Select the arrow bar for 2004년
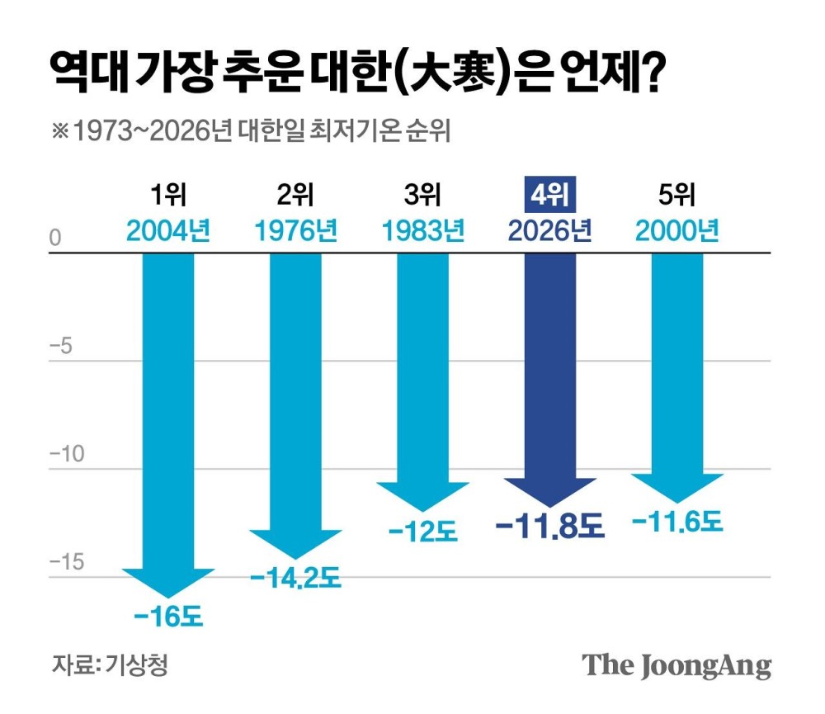coord(169,413)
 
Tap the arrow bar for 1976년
coord(296,396)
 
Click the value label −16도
coord(167,617)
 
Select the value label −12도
coord(422,532)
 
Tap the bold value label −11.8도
coord(550,526)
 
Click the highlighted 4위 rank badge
coord(550,196)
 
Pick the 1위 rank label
coord(168,196)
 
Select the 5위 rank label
coord(677,196)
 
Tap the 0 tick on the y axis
coord(56,239)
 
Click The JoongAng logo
coord(677,665)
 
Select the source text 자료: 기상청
coord(110,665)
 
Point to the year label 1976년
coord(296,230)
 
